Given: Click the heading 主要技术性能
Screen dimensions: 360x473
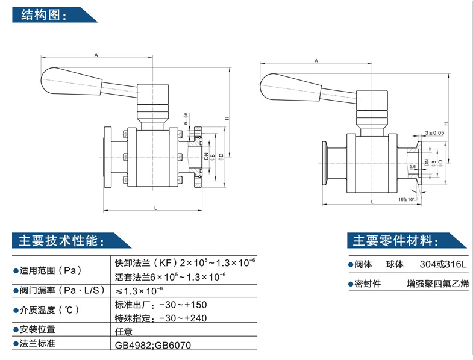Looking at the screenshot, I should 61,241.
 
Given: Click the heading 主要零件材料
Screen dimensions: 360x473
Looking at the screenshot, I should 395,241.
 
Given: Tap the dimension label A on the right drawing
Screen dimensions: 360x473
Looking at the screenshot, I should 316,61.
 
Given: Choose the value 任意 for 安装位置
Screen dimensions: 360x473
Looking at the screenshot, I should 124,330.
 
